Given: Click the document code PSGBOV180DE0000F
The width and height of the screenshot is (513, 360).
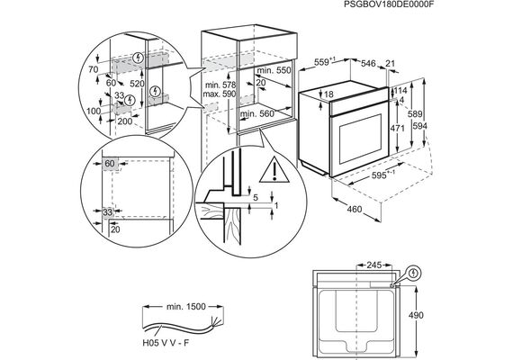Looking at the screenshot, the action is point(386,4).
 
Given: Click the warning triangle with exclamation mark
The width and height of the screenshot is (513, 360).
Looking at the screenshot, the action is point(274,169).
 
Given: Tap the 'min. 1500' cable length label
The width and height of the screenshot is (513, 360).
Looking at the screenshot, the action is point(186,307).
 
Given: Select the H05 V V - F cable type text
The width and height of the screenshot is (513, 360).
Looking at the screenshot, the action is point(166,343).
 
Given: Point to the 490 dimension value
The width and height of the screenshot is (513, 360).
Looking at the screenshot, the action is point(416,315).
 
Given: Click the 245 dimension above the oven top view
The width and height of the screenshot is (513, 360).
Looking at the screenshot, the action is point(374,265).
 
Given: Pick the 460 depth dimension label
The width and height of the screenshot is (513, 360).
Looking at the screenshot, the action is point(355,209).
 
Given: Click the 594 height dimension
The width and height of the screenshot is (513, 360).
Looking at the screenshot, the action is point(419,125).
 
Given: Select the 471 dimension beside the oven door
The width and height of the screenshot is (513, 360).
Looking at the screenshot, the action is point(398,129).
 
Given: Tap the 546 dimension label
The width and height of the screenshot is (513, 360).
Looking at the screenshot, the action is point(368,63).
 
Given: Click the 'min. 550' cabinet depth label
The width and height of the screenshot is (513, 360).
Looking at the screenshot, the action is point(274,70).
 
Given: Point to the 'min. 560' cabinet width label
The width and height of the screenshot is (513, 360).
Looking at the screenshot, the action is point(256,113).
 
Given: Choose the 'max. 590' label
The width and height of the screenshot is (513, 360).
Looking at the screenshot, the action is point(220,94).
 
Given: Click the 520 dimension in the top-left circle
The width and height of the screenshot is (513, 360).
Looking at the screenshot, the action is point(137,84).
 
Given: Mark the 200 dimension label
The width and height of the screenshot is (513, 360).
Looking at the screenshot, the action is point(125,121).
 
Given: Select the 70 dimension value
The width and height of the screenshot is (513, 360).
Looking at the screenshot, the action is point(94,69).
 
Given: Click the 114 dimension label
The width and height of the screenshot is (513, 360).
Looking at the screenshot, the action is point(400,90).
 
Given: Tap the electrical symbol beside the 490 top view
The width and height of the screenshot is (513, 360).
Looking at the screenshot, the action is point(415,273).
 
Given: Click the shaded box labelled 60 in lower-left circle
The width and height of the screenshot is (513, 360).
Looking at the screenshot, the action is point(110,164).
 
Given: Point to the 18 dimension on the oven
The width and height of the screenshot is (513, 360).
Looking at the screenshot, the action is point(328,94).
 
